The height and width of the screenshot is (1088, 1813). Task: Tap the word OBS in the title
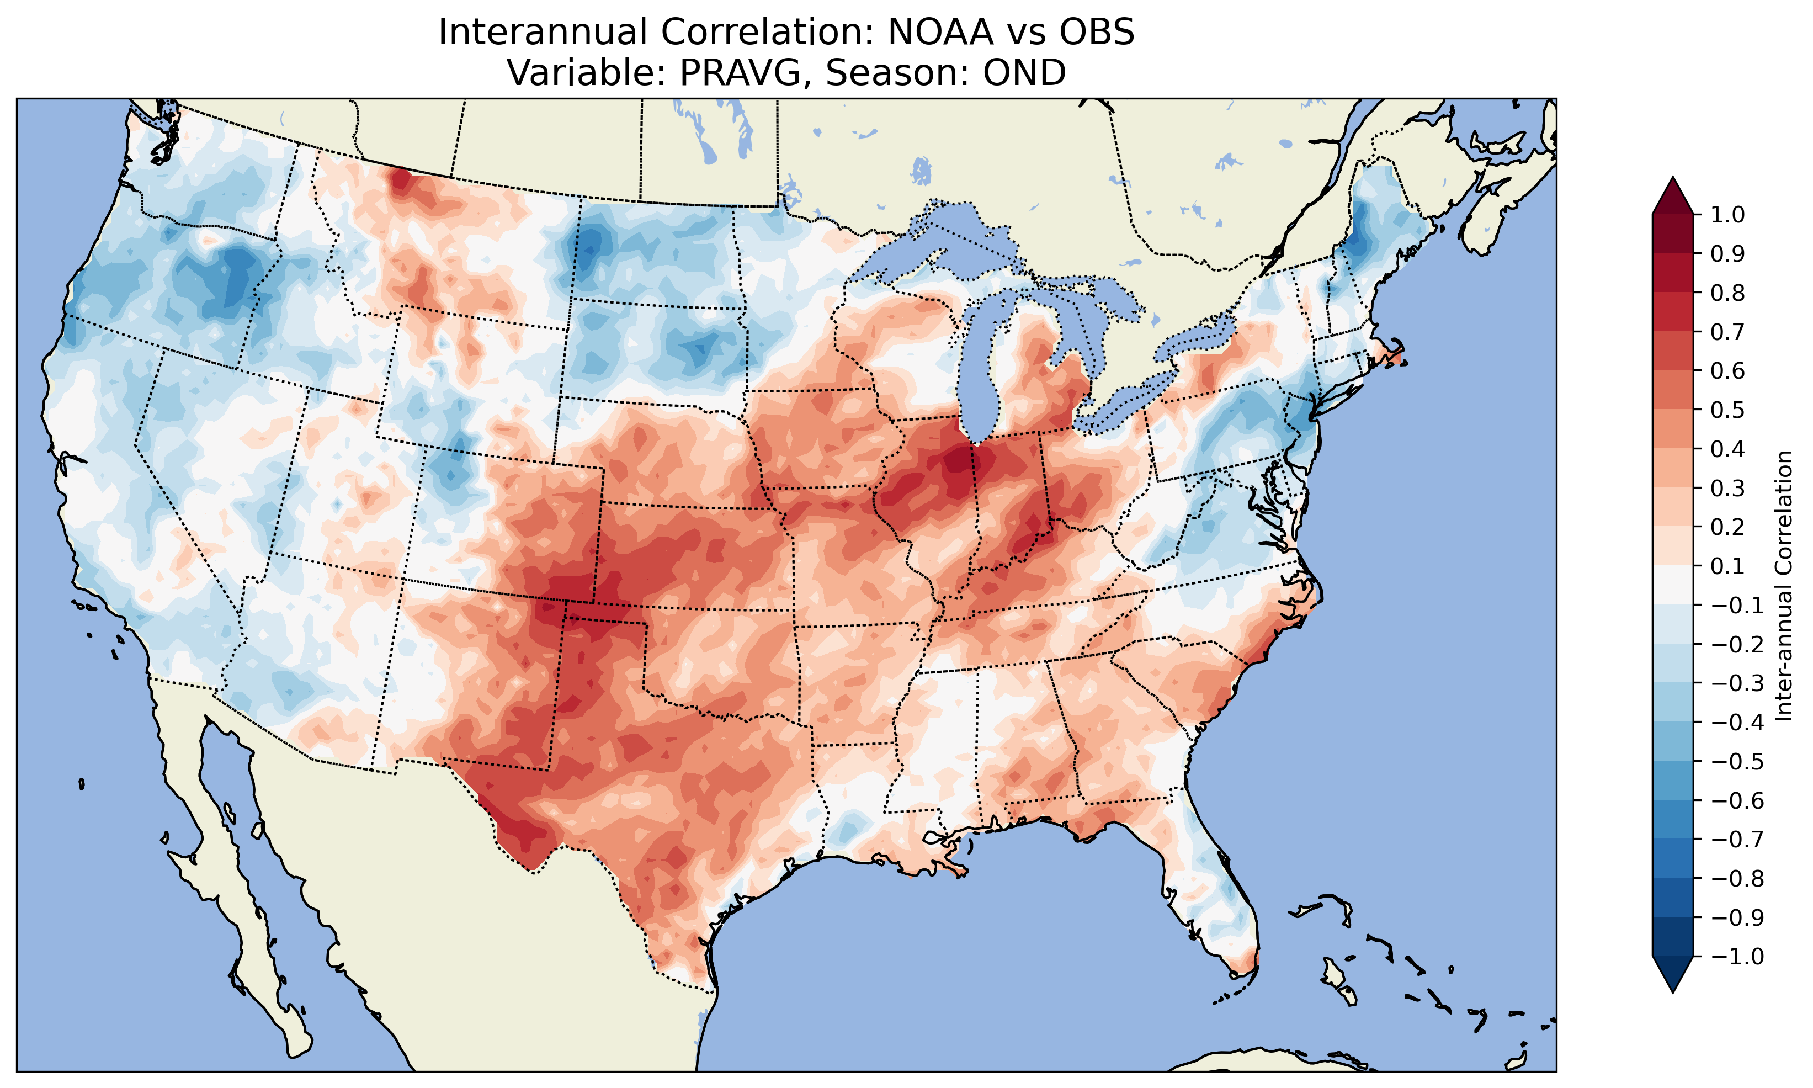tap(1096, 32)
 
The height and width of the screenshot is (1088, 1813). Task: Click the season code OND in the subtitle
tap(1024, 72)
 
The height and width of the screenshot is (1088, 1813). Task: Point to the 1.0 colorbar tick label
tap(1727, 215)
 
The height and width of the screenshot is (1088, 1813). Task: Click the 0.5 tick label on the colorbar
tap(1727, 410)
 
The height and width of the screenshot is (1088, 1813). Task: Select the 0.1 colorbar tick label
tap(1727, 566)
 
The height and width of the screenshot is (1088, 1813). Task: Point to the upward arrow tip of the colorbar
tap(1672, 179)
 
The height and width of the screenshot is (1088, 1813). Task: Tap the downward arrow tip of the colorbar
tap(1672, 990)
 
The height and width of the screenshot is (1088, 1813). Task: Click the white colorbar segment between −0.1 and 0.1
tap(1672, 585)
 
